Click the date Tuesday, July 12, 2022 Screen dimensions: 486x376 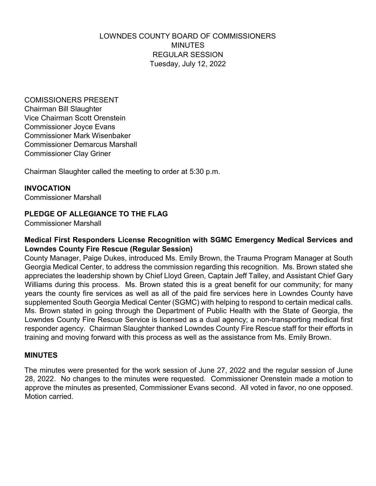click(188, 64)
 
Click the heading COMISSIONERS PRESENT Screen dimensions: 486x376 click(71, 100)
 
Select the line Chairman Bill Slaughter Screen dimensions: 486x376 click(63, 109)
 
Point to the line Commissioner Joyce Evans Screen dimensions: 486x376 click(70, 127)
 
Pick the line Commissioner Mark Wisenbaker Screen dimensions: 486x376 click(78, 136)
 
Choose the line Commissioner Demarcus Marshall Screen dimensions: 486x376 click(81, 145)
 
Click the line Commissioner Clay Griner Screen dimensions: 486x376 click(68, 154)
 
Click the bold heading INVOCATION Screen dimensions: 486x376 click(47, 188)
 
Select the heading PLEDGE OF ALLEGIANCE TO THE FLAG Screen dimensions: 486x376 click(96, 214)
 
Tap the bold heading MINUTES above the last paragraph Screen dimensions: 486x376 click(41, 355)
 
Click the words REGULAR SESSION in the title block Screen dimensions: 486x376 click(188, 55)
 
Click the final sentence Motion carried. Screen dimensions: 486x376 click(49, 397)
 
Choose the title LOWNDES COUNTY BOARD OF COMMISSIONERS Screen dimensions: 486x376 click(188, 36)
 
